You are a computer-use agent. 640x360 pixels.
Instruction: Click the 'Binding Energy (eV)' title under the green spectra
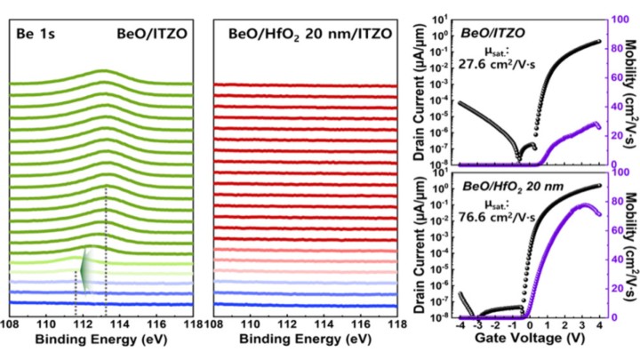[x=100, y=340]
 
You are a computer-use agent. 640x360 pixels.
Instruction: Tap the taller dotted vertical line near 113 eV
[x=106, y=249]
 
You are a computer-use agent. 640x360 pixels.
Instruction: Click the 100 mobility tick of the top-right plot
[x=615, y=16]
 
